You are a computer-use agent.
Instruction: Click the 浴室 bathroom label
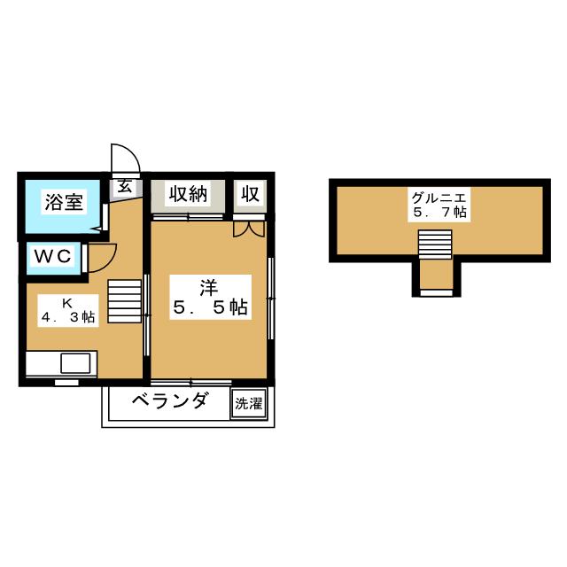(65, 201)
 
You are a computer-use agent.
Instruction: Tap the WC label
(53, 256)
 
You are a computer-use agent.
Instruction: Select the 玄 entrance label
(125, 186)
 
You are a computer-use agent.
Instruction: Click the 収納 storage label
(189, 193)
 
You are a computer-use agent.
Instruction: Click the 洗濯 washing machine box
(248, 404)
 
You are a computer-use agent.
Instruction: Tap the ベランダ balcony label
(170, 401)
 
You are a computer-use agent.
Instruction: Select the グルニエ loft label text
(434, 197)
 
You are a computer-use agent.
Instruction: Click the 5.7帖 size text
(434, 213)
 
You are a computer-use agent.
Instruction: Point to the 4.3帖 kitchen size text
(67, 317)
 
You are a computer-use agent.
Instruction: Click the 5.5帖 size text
(209, 307)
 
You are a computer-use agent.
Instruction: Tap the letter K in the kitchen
(66, 301)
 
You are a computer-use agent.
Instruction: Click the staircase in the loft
(435, 243)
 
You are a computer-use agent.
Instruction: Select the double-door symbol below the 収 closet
(249, 228)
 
